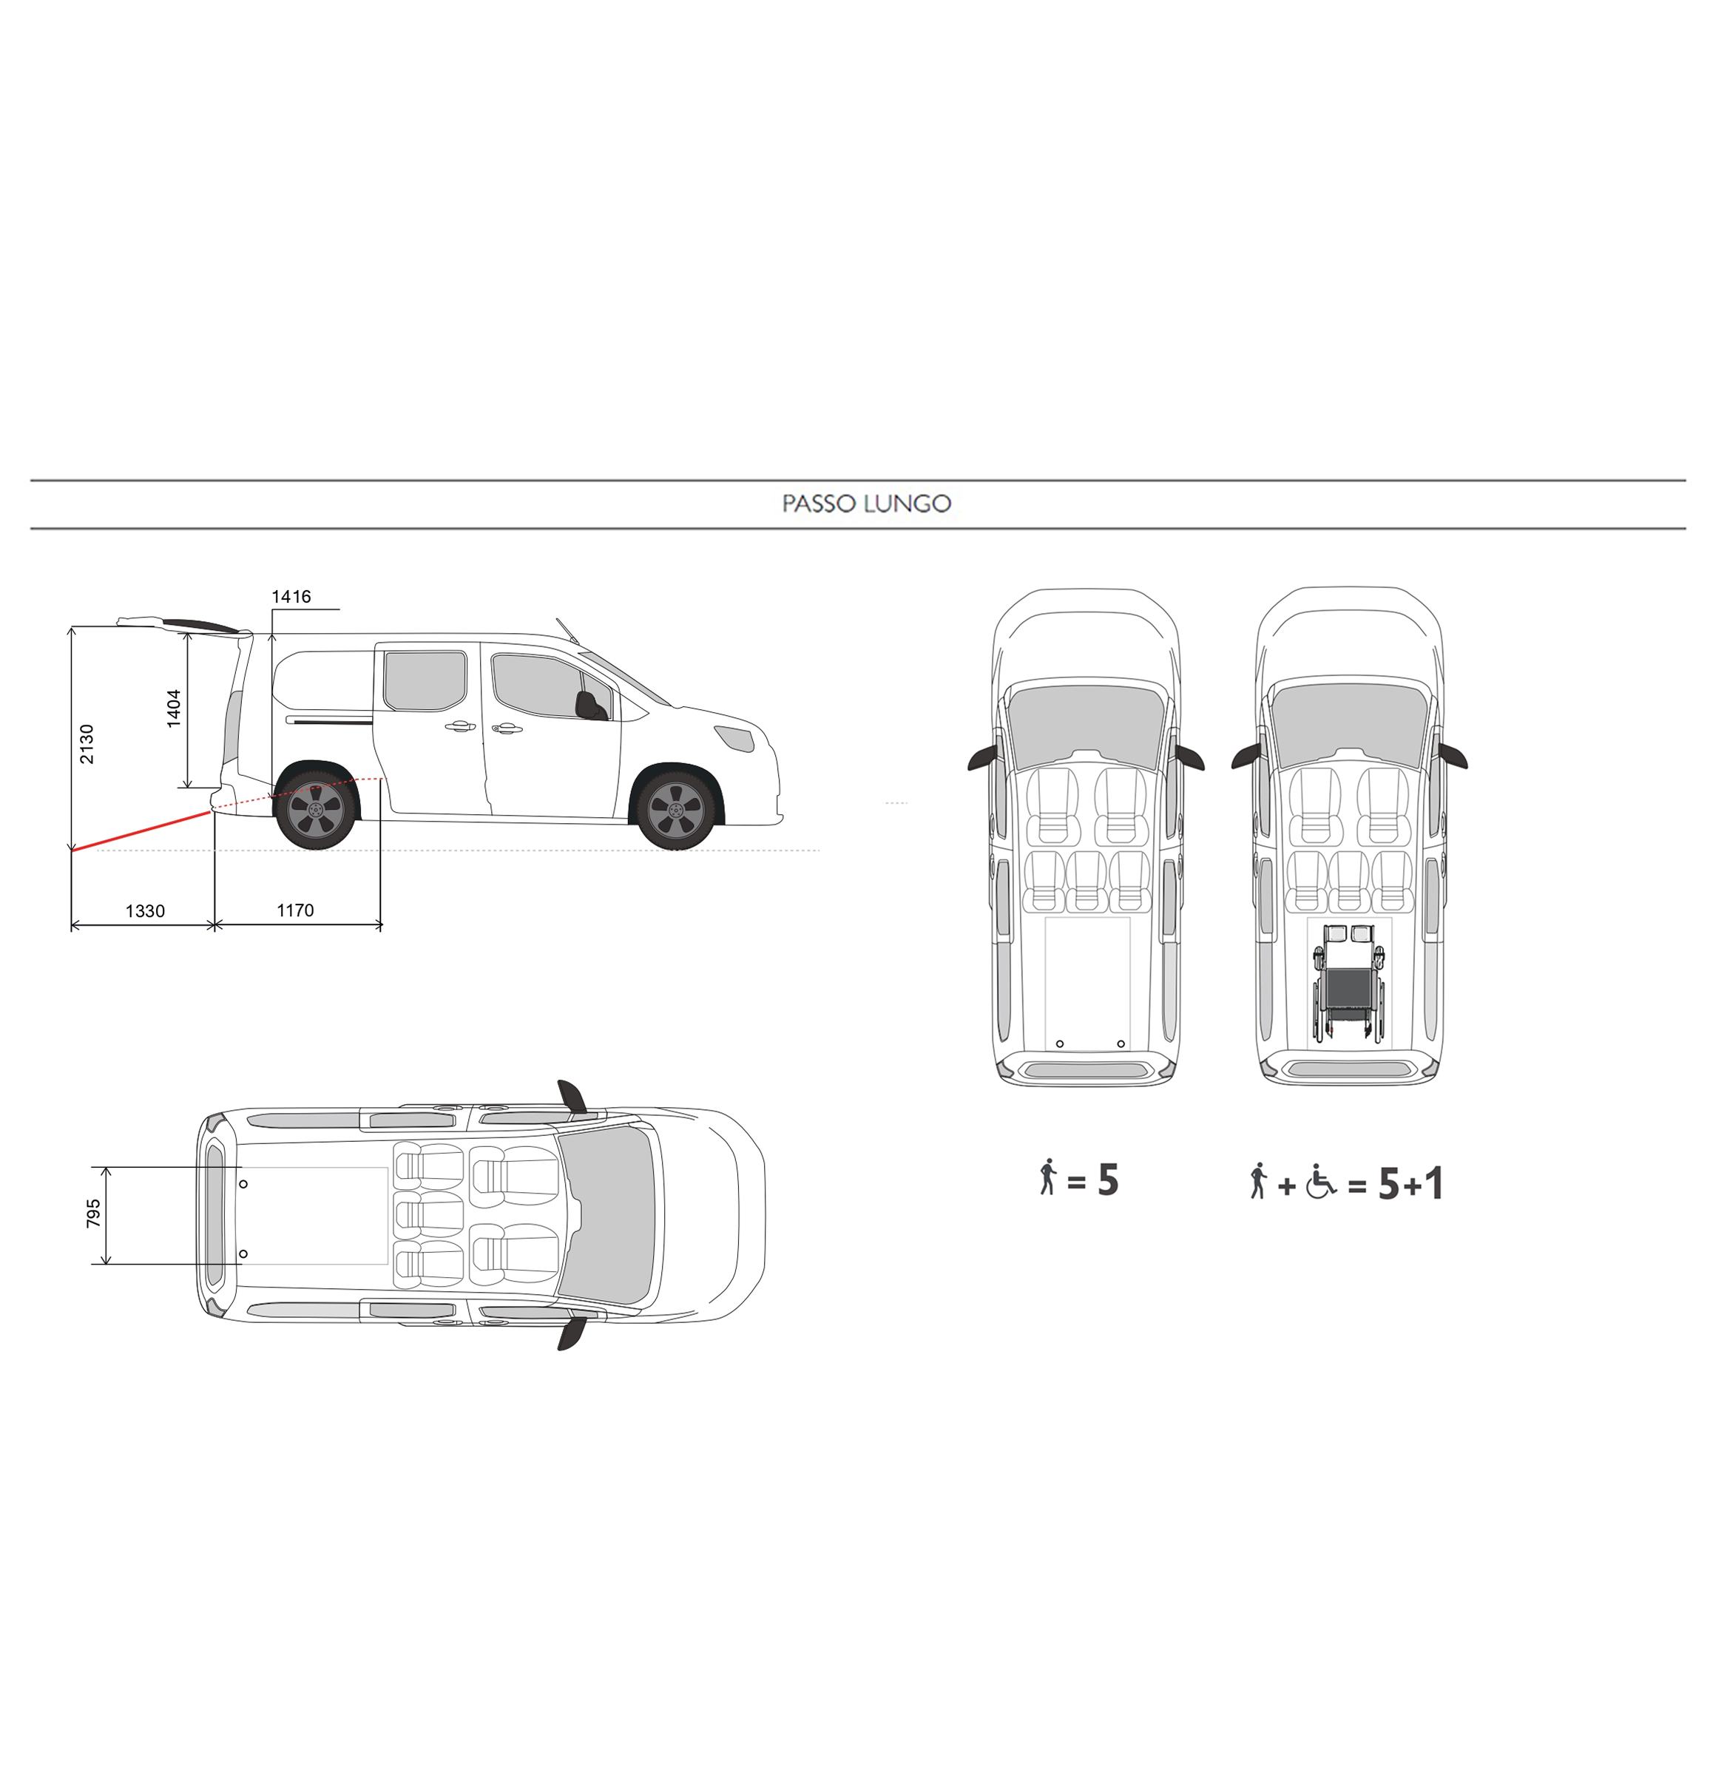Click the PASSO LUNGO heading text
pyautogui.click(x=866, y=504)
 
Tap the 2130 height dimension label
pyautogui.click(x=87, y=743)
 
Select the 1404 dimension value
pyautogui.click(x=173, y=708)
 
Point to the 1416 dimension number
pyautogui.click(x=291, y=597)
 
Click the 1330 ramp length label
pyautogui.click(x=145, y=911)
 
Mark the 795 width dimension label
pyautogui.click(x=92, y=1214)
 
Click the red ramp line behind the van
pyautogui.click(x=141, y=830)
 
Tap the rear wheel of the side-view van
pyautogui.click(x=315, y=809)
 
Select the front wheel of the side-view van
pyautogui.click(x=676, y=809)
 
